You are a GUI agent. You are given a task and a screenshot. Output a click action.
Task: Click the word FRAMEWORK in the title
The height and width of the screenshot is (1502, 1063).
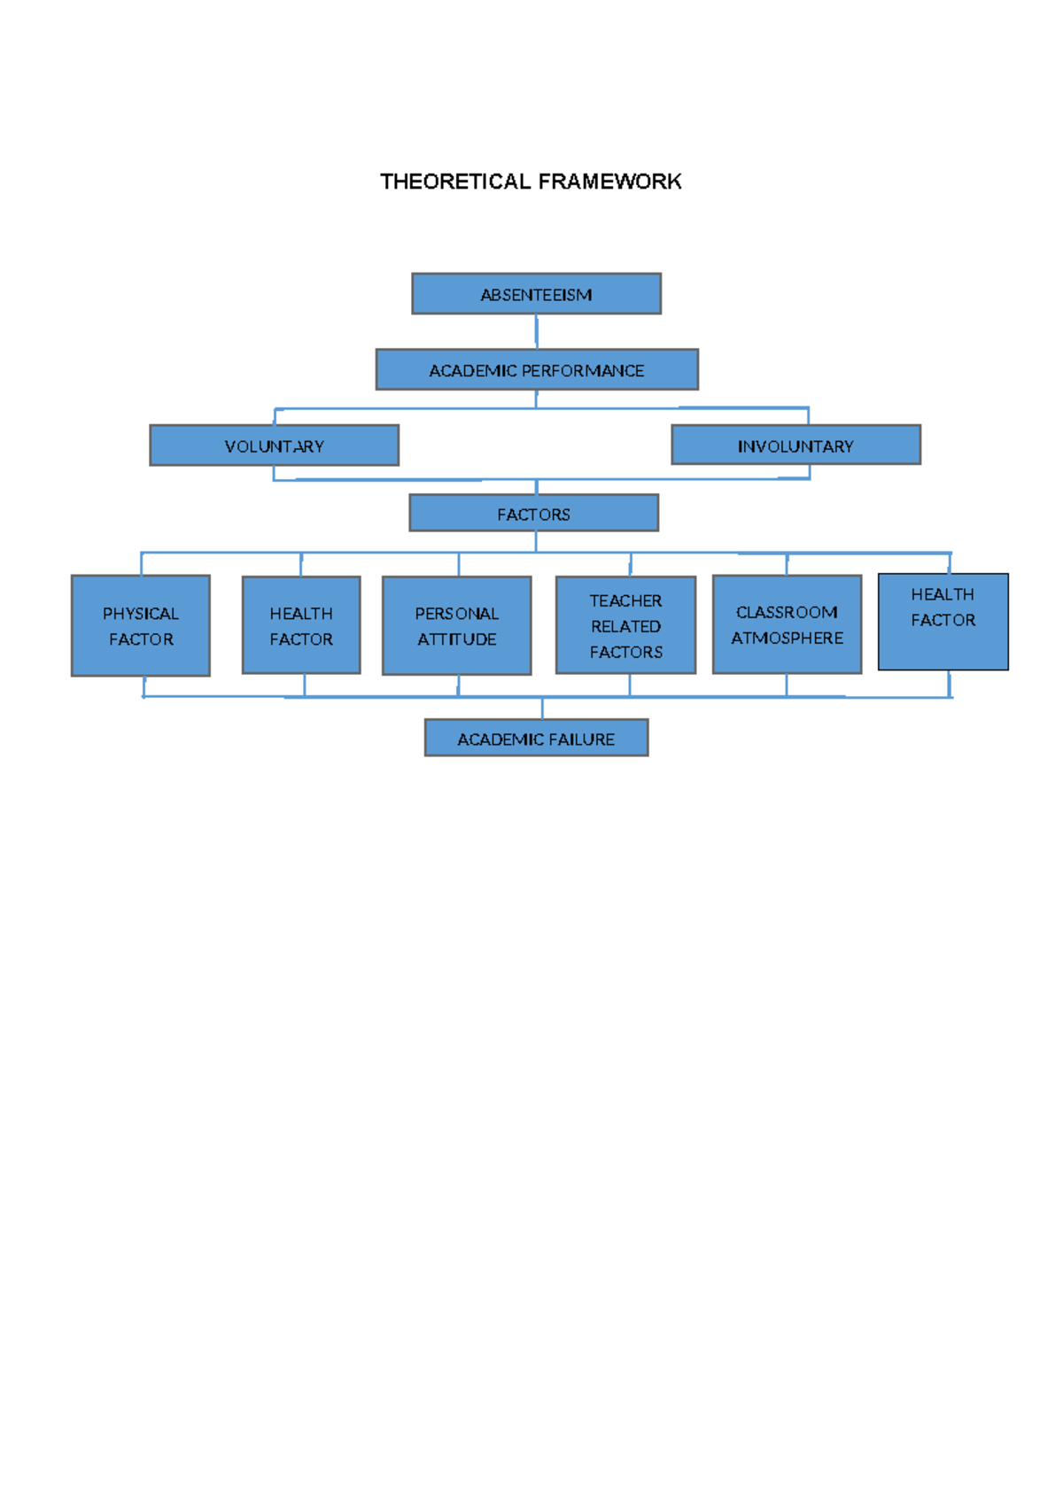pos(609,182)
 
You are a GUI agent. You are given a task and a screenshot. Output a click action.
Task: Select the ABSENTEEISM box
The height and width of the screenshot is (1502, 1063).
pos(536,294)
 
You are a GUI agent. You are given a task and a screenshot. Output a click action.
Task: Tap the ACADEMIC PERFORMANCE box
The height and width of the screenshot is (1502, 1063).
pos(537,370)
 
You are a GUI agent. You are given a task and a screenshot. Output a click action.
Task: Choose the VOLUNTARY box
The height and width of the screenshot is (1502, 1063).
pos(274,445)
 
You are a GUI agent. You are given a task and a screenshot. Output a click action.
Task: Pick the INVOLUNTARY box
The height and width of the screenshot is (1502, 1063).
pos(795,445)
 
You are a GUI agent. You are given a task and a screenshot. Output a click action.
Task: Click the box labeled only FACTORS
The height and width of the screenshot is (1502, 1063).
pos(533,514)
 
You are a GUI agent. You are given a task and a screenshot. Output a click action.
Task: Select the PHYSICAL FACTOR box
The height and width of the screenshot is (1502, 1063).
pos(141,626)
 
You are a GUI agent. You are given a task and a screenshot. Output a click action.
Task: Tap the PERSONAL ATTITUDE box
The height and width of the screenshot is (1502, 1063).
pos(456,626)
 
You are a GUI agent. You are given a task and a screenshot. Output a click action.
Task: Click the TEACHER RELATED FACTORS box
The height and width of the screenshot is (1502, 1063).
pos(625,626)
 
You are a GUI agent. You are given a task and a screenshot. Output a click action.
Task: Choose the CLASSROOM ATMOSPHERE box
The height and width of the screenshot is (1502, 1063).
pos(787,625)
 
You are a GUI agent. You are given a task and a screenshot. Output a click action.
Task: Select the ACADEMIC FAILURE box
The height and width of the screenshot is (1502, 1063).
pos(536,739)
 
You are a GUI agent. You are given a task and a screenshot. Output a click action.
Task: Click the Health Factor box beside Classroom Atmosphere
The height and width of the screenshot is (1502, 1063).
pos(943,622)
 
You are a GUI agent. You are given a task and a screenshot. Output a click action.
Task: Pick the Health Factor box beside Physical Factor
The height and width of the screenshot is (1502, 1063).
pos(301,626)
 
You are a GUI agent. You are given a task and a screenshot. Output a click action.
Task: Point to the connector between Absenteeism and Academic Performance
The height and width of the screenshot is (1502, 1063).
pos(536,331)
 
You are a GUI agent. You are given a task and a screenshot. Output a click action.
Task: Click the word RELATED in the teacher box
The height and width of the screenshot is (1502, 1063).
pos(625,626)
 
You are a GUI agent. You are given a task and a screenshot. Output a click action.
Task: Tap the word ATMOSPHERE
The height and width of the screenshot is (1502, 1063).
pos(787,638)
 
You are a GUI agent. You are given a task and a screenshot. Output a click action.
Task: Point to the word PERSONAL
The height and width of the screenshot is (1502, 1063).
pos(456,613)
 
